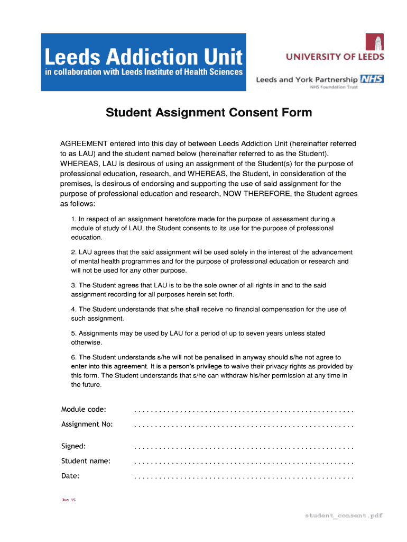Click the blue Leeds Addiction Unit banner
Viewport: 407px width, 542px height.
pyautogui.click(x=143, y=62)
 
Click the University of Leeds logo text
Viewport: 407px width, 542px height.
pyautogui.click(x=335, y=57)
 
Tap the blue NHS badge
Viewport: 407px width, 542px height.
pyautogui.click(x=372, y=79)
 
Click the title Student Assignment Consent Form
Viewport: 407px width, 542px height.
pyautogui.click(x=209, y=113)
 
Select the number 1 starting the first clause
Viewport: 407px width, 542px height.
pyautogui.click(x=73, y=219)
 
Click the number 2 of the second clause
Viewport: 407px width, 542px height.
pyautogui.click(x=73, y=252)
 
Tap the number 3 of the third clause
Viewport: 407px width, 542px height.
pyautogui.click(x=73, y=286)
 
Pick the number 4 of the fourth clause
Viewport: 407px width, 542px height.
pyautogui.click(x=73, y=309)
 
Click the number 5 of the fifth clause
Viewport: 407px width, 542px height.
pyautogui.click(x=73, y=333)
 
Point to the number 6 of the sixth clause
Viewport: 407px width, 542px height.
pyautogui.click(x=73, y=357)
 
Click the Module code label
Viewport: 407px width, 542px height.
pyautogui.click(x=84, y=410)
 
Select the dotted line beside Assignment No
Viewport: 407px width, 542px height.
pyautogui.click(x=244, y=426)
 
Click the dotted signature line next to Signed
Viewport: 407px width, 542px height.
pyautogui.click(x=244, y=448)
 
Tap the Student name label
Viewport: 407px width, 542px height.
pyautogui.click(x=86, y=461)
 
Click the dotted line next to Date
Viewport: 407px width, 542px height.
pyautogui.click(x=244, y=477)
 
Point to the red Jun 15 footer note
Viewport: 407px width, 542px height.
pyautogui.click(x=69, y=500)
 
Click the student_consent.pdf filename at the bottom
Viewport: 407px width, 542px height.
pyautogui.click(x=343, y=515)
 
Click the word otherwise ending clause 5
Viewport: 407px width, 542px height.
pyautogui.click(x=86, y=342)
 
